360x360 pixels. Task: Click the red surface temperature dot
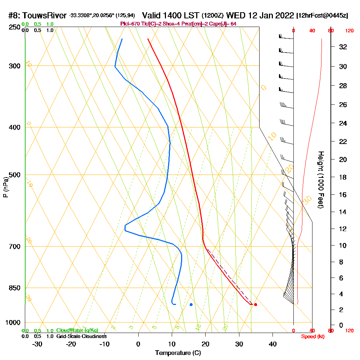coord(256,305)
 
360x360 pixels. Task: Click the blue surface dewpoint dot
coord(191,305)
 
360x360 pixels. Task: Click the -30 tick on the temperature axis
coord(37,344)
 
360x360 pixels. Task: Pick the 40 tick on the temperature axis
coord(273,344)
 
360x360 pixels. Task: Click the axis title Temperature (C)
coord(178,353)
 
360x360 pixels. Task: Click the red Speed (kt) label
coord(312,336)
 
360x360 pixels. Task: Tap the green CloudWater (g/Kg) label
coord(77,330)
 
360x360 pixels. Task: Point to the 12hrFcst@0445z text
coord(322,16)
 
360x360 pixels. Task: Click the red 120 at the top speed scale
coord(349,31)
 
